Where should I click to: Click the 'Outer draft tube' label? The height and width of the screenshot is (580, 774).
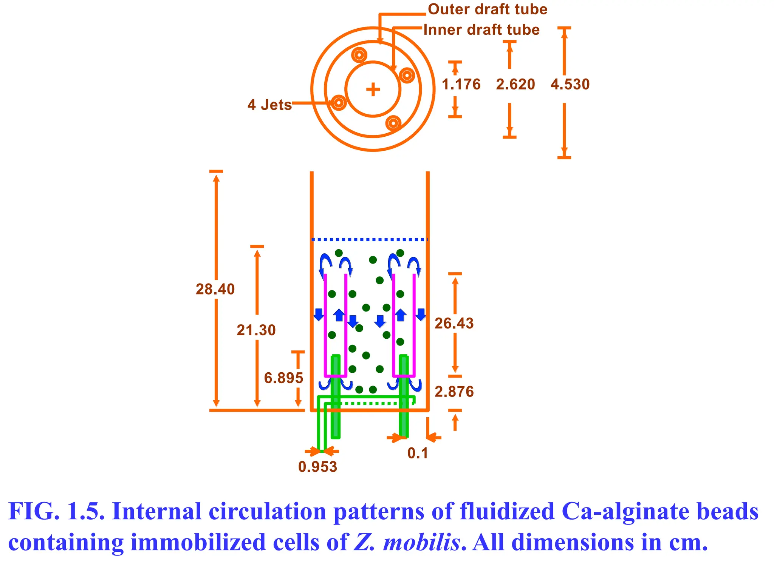point(487,9)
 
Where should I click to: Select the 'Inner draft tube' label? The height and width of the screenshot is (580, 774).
point(481,30)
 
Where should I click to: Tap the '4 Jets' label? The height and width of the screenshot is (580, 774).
point(269,105)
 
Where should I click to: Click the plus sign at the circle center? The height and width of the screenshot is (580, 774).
point(373,89)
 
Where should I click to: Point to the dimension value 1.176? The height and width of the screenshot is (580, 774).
point(461,84)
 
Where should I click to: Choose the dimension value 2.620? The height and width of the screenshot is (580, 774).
point(515,84)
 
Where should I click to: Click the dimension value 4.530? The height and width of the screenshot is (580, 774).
point(570,84)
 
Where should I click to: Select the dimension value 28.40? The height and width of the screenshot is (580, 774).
point(215,289)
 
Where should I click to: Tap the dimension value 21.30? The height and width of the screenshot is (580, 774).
point(256,330)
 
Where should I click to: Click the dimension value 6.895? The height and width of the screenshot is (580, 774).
point(283,378)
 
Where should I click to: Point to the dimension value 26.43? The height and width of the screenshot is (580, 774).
point(454,324)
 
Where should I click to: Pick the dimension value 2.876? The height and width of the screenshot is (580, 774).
point(454,392)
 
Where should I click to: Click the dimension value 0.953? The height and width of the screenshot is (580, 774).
point(317,467)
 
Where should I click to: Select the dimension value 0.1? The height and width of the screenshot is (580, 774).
point(418,453)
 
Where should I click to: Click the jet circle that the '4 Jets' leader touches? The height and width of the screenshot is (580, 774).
point(339,103)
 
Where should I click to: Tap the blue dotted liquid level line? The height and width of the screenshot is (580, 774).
point(369,239)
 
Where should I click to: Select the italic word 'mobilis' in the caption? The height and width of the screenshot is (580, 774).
point(421,543)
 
